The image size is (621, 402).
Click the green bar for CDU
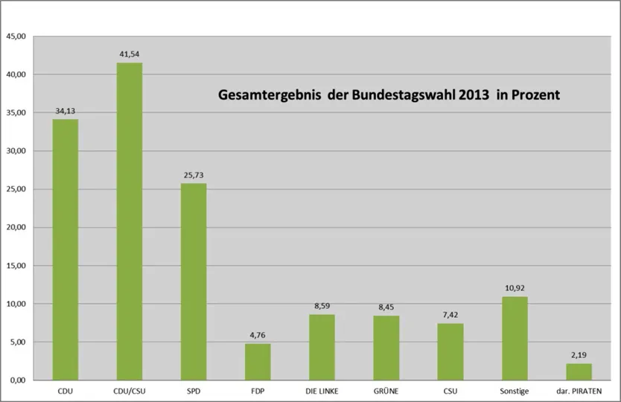tap(65, 249)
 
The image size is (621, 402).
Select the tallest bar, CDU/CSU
tap(129, 221)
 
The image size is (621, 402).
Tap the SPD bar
tap(194, 281)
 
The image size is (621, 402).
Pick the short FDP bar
tap(258, 362)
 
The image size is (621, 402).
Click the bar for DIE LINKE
tap(322, 347)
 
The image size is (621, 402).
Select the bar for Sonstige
tap(515, 338)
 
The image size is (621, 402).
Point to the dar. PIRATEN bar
tap(579, 371)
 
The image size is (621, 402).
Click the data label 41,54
tap(129, 54)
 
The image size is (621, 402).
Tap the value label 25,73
tap(194, 175)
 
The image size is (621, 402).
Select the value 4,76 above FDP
tap(258, 336)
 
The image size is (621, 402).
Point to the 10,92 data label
tap(515, 288)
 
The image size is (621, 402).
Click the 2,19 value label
tap(579, 355)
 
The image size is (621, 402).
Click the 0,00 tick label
tap(18, 380)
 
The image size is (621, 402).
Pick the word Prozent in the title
tap(535, 95)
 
